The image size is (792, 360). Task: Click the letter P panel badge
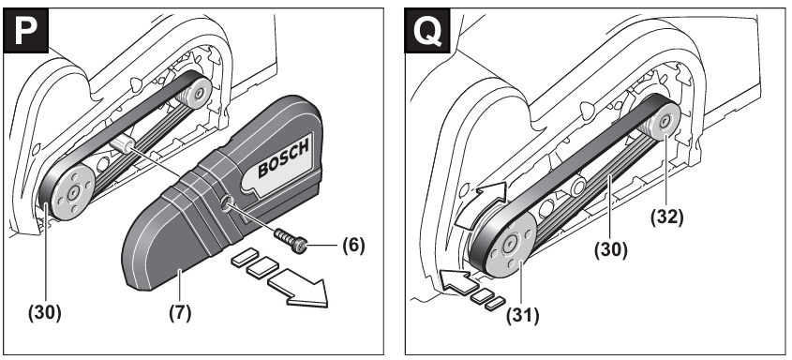tap(26, 30)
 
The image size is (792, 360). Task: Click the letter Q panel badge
tap(427, 30)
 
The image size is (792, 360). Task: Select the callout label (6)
tap(353, 246)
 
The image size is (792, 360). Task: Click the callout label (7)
tap(180, 312)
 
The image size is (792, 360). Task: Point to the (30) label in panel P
tap(44, 312)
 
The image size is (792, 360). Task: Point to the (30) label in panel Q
tap(610, 249)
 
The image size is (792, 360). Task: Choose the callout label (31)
tap(522, 316)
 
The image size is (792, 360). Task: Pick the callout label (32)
tap(666, 217)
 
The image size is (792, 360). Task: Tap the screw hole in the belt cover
tap(228, 204)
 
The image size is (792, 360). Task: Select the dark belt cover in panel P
tap(222, 192)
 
